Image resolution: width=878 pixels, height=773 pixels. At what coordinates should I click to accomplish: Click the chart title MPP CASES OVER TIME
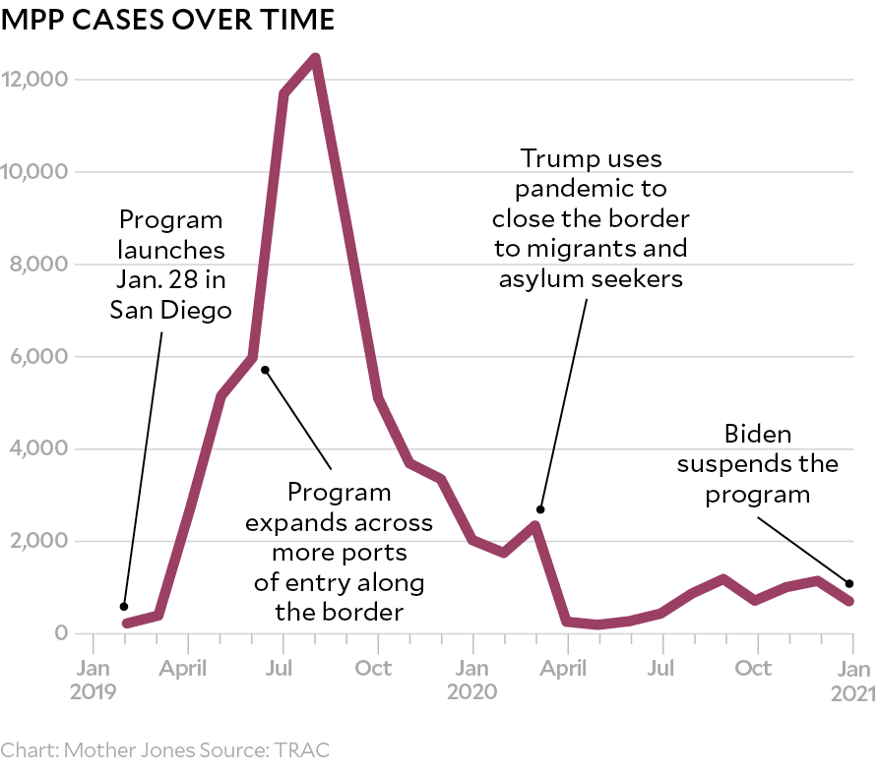168,19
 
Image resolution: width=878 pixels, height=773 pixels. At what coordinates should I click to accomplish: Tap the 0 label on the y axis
60,633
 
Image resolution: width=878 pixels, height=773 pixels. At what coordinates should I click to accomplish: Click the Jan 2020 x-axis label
472,680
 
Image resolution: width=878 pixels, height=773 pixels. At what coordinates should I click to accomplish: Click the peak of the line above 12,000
315,58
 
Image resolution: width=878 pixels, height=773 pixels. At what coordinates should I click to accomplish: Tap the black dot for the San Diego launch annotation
124,606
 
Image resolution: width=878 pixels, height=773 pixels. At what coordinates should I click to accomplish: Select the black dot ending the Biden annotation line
849,583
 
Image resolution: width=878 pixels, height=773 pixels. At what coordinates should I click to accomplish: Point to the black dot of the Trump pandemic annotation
540,508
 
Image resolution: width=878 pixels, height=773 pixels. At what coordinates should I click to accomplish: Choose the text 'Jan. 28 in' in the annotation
171,280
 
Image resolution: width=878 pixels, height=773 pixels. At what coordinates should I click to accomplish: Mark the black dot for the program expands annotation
265,370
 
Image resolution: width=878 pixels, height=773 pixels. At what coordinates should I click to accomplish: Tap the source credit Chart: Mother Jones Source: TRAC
165,750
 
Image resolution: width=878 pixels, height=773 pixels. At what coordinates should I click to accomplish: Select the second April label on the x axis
565,669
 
